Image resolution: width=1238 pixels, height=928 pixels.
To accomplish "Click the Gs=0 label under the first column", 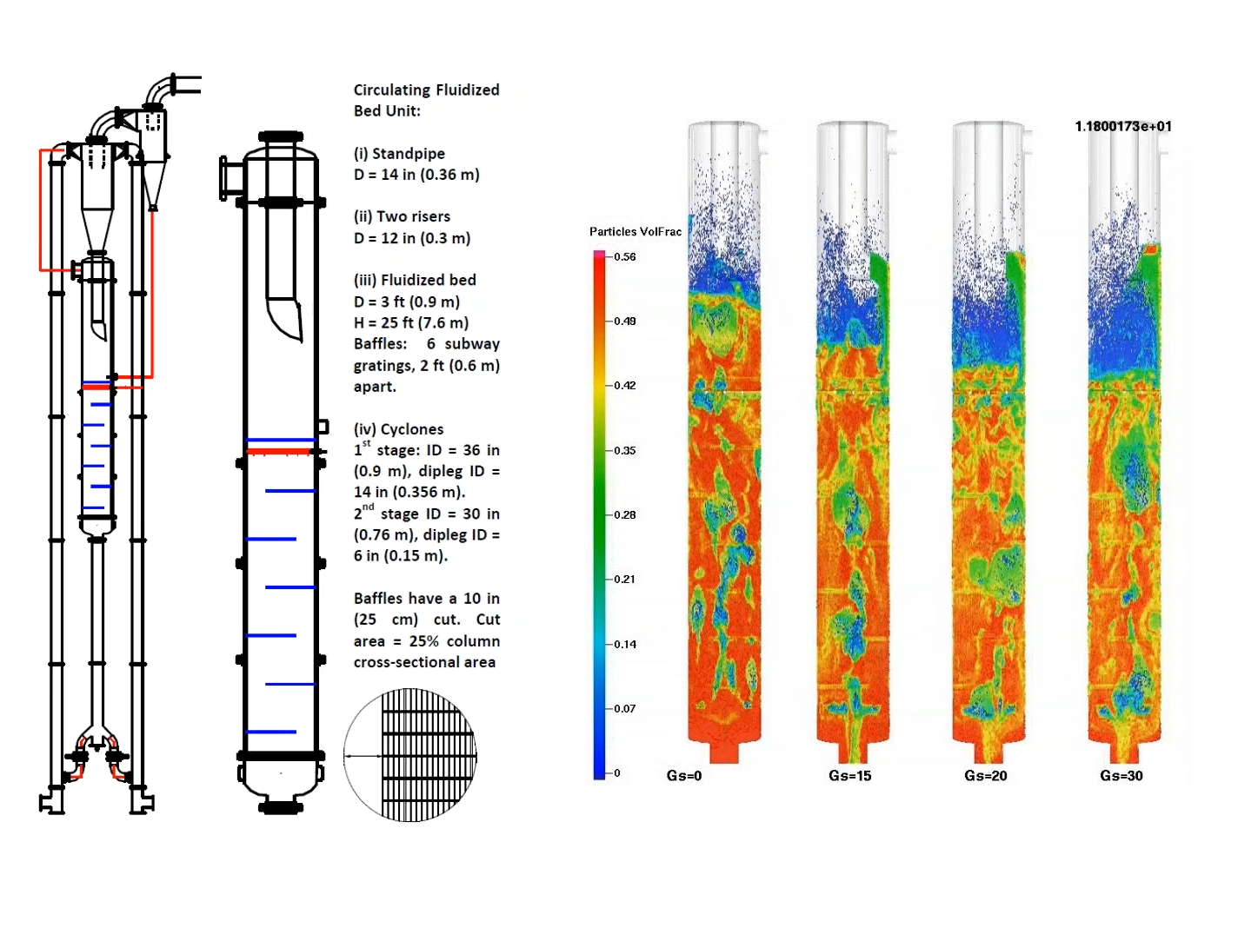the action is pyautogui.click(x=683, y=776).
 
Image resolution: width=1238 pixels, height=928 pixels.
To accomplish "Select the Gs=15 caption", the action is pyautogui.click(x=849, y=776).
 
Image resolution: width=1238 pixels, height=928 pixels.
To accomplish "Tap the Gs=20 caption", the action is pyautogui.click(x=985, y=776).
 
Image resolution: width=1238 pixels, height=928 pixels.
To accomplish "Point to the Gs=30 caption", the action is pyautogui.click(x=1122, y=776).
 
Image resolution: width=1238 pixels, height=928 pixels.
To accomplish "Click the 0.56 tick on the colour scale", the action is pyautogui.click(x=624, y=257).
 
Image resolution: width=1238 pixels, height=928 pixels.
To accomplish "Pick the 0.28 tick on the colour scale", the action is pyautogui.click(x=624, y=515).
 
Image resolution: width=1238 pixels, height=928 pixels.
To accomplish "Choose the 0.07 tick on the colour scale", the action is pyautogui.click(x=624, y=709).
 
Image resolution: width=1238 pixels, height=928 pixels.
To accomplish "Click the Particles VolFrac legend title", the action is pyautogui.click(x=635, y=232).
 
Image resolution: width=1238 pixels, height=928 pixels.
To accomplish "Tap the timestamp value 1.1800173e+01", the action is pyautogui.click(x=1123, y=126).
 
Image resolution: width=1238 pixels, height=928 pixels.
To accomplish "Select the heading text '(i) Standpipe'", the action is pyautogui.click(x=399, y=154).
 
